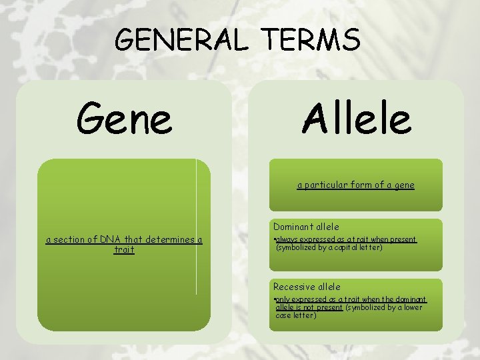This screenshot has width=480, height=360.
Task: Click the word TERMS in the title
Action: (312, 41)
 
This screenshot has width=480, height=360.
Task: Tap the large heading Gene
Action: (124, 118)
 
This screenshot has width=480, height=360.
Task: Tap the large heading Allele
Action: (356, 118)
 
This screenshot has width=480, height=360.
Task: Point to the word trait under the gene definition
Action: (124, 249)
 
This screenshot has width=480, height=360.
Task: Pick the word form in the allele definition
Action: (365, 185)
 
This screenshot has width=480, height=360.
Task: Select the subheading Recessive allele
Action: (307, 287)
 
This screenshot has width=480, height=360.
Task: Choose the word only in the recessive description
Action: (283, 299)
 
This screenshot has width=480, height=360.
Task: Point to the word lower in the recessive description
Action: (412, 307)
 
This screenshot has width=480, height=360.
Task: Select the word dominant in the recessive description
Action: (411, 299)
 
